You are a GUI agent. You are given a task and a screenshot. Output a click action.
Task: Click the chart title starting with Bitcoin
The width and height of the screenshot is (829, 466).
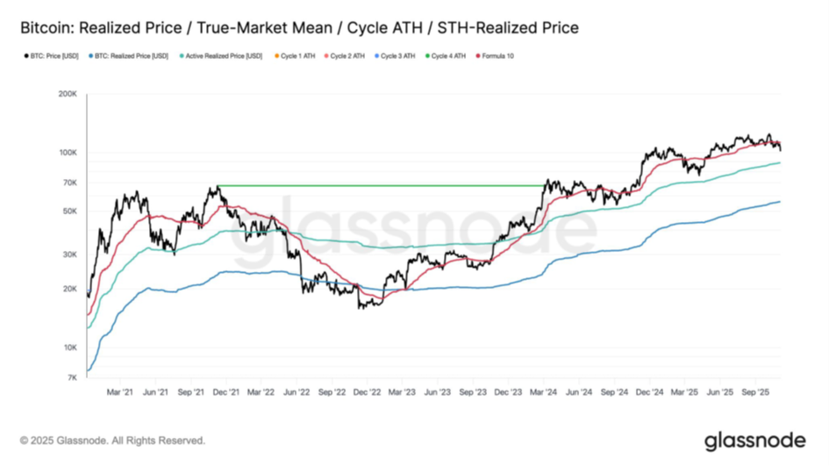coord(299,28)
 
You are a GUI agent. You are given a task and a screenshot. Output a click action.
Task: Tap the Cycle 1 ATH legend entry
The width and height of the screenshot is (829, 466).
coord(297,56)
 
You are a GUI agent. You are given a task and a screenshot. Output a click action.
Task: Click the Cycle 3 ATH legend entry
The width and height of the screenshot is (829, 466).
coord(397,56)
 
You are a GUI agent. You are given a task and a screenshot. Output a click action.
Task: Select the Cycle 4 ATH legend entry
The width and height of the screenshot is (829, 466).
coord(447,56)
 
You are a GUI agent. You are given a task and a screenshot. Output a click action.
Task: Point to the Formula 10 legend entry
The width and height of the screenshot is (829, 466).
coord(496,56)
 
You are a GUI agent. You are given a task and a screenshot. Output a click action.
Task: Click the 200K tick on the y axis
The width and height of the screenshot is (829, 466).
coord(68,94)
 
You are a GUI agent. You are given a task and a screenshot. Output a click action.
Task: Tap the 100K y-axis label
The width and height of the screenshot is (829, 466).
coord(68,153)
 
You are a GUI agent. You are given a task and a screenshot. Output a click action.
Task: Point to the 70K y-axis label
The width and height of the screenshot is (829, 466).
coord(71,183)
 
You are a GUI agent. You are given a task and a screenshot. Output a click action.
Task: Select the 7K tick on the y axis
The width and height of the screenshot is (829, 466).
coord(74,377)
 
